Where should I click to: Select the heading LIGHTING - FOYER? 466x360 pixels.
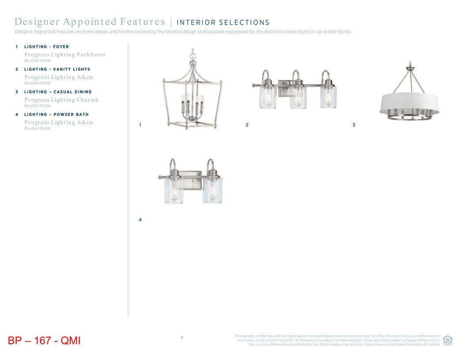[46, 46]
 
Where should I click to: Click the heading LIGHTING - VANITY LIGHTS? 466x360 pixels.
[57, 69]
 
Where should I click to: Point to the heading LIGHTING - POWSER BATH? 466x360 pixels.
[56, 114]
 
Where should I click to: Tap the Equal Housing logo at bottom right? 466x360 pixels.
[447, 340]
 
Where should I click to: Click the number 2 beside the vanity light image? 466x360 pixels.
[247, 125]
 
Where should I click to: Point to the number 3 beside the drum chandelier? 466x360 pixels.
[354, 125]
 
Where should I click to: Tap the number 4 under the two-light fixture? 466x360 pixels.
[140, 220]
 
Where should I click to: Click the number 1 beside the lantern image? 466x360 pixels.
[140, 125]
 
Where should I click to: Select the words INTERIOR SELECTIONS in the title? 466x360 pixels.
[223, 23]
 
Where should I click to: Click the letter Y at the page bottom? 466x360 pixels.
[182, 338]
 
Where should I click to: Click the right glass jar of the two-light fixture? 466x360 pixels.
[212, 191]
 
